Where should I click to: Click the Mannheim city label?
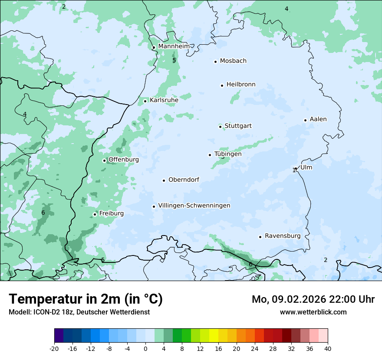174,46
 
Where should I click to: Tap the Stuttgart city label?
238,126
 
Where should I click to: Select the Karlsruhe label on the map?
164,100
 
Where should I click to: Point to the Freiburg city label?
111,213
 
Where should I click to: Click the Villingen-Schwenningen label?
194,206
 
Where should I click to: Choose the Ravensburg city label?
283,236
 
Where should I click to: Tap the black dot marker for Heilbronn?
222,85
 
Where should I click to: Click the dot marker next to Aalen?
305,120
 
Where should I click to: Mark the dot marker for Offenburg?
104,160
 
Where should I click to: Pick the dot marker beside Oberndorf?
164,180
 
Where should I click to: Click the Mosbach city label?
233,61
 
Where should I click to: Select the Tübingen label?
228,154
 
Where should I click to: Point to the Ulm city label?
306,167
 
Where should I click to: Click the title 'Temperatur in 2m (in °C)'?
86,299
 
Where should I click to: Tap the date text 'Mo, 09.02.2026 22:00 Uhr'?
313,299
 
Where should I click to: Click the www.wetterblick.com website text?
313,312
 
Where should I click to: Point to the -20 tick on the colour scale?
54,348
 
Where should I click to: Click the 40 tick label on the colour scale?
328,348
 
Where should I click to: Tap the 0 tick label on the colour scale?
145,348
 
